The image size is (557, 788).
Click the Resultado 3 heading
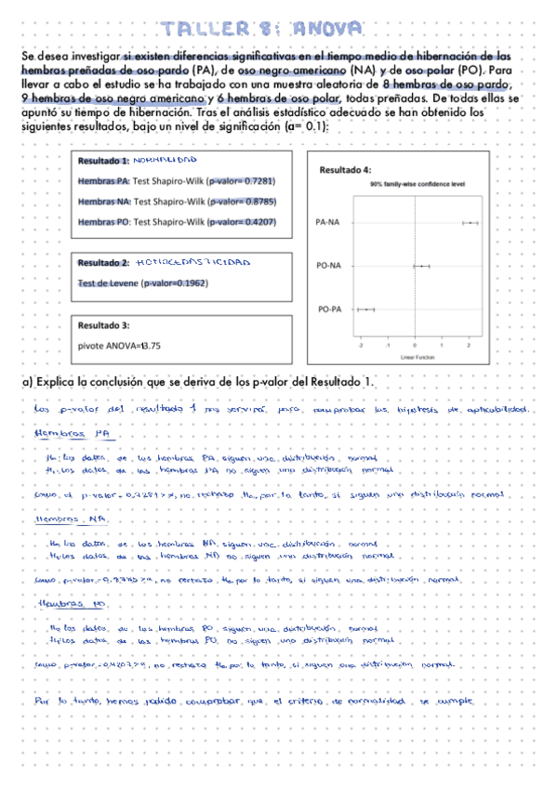point(103,326)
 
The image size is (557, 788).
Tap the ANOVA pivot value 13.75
point(149,346)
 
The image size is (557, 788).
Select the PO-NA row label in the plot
point(328,266)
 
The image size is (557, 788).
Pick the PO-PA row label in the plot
point(327,308)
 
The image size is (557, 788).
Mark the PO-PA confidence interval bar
point(366,308)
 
